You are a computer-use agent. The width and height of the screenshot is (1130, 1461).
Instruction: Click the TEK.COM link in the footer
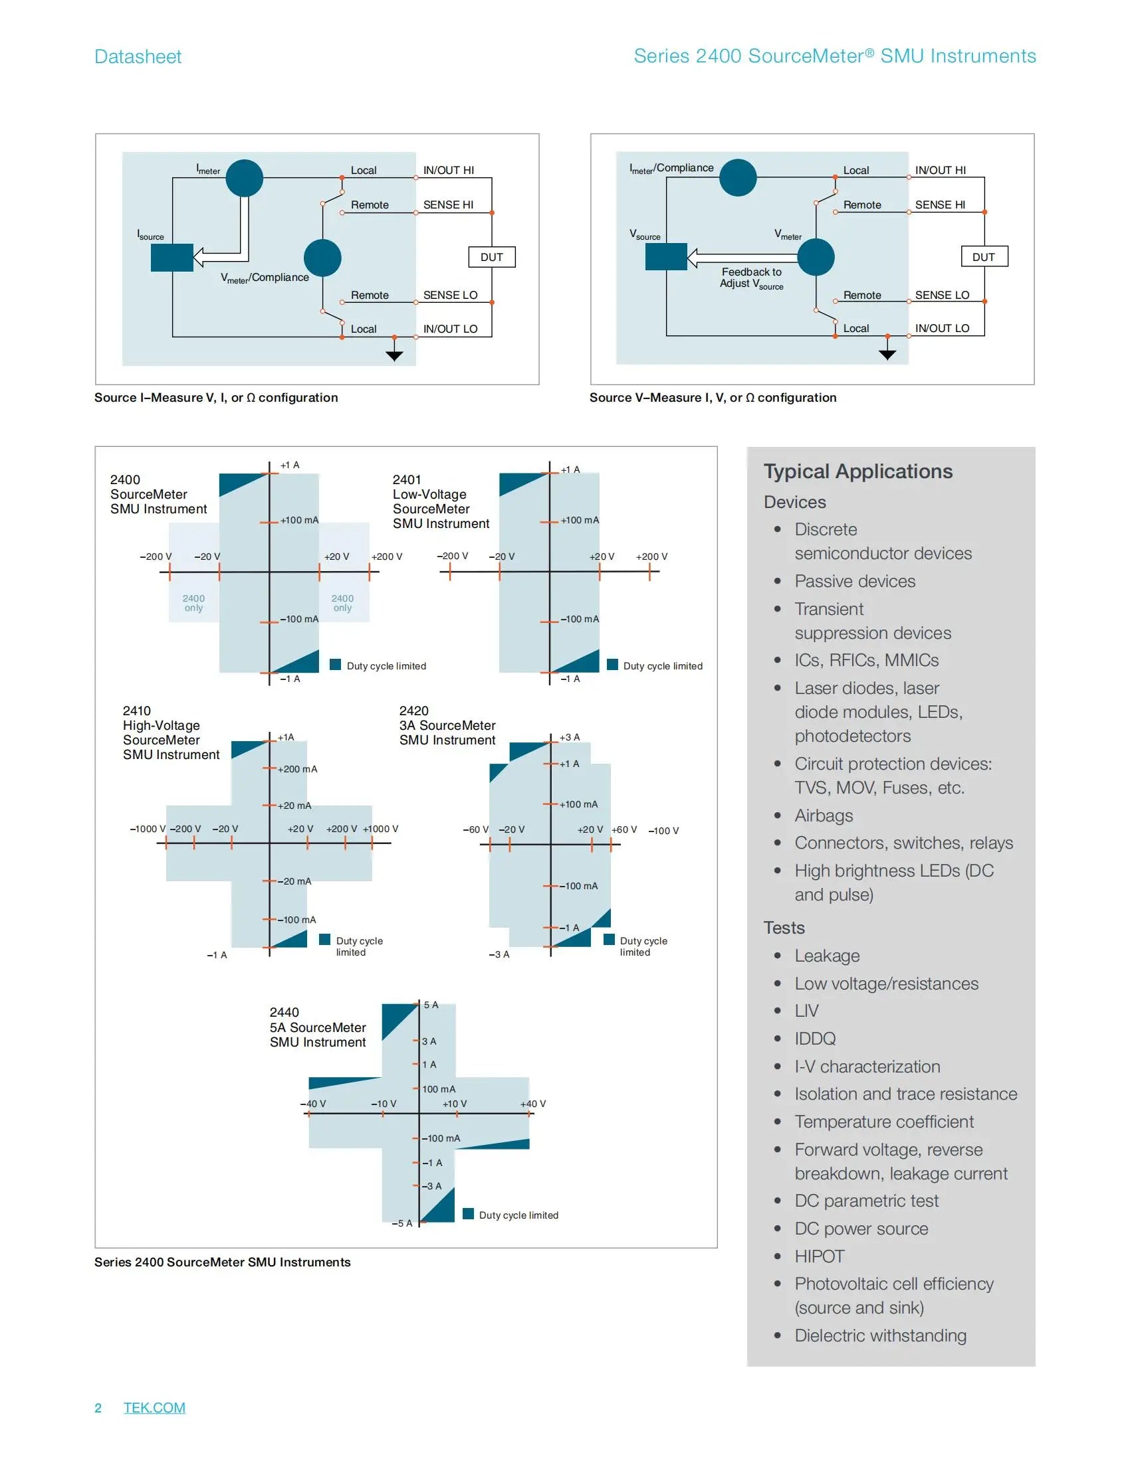point(154,1407)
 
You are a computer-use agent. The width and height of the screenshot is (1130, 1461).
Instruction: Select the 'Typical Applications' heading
point(857,472)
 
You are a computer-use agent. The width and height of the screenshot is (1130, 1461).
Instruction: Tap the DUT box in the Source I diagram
point(491,257)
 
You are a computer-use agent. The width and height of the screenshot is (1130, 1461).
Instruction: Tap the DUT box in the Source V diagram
point(983,257)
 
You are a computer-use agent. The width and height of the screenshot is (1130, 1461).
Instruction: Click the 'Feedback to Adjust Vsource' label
point(751,278)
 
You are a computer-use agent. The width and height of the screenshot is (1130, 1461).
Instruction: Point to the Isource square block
point(172,258)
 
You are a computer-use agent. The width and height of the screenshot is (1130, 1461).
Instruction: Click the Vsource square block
point(666,257)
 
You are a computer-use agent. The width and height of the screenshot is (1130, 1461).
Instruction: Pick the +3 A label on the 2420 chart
point(570,737)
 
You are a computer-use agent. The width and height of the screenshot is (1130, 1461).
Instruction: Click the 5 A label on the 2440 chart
point(431,1005)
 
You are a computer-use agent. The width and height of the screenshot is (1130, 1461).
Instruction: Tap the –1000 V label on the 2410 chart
point(148,829)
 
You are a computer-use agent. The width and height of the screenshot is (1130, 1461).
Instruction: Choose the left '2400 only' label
point(193,603)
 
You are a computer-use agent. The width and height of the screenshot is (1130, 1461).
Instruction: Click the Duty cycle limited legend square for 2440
point(469,1214)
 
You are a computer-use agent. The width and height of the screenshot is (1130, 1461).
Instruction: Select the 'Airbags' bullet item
point(824,816)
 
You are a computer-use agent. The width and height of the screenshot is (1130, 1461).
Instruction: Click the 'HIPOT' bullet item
point(820,1256)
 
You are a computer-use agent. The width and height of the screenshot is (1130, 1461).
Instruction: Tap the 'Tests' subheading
point(784,928)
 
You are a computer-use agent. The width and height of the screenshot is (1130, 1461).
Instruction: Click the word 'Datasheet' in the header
point(138,56)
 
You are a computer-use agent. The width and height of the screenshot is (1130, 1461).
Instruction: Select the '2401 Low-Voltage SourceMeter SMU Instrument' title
point(441,501)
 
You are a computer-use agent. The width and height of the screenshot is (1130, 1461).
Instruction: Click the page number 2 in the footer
point(98,1407)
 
